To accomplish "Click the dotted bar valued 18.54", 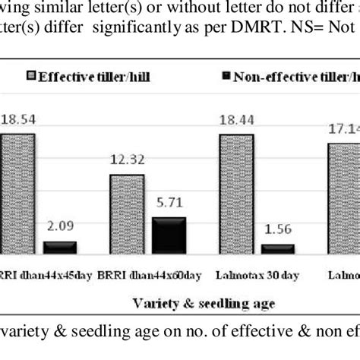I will click(x=17, y=193).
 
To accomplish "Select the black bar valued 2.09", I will click(x=59, y=247).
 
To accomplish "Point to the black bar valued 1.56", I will click(x=279, y=248).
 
